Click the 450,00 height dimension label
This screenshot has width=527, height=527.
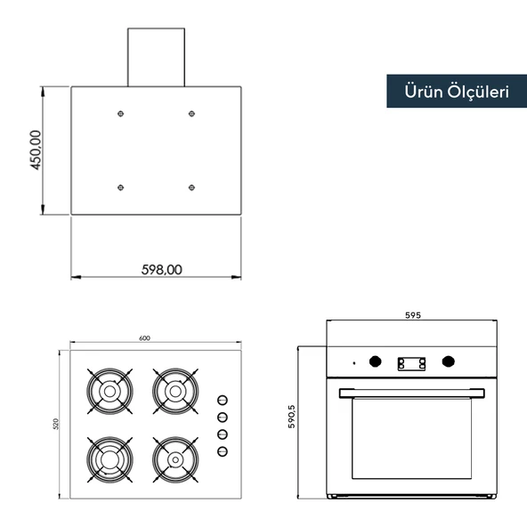(36, 150)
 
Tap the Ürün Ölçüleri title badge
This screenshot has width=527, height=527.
(456, 91)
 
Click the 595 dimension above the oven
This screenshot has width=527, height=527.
(412, 315)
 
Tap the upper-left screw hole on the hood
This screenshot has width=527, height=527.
(120, 113)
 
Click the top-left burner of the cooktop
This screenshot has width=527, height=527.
(109, 390)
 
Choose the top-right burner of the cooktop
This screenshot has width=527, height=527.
(174, 390)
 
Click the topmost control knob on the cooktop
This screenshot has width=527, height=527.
(222, 400)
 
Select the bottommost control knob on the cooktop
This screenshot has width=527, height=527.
(222, 451)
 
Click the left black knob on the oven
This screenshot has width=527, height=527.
(376, 361)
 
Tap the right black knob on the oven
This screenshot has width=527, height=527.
(448, 361)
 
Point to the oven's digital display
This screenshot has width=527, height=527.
(411, 362)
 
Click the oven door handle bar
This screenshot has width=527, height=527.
(411, 392)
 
